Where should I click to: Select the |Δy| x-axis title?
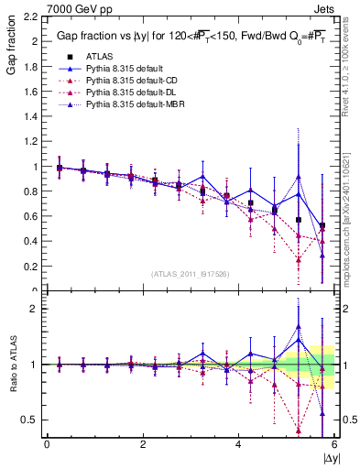click(x=330, y=457)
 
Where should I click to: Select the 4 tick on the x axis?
click(x=238, y=444)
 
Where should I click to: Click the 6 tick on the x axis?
click(x=333, y=444)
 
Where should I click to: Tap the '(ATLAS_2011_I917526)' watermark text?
click(x=190, y=274)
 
